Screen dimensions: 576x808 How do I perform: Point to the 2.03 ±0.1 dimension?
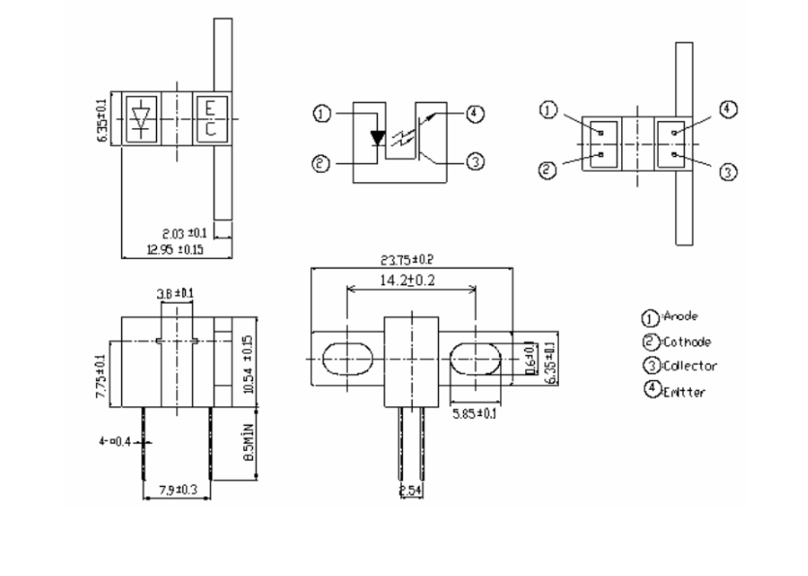(183, 233)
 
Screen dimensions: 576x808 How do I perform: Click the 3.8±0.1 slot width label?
(174, 293)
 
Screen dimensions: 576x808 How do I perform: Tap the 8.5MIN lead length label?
(249, 442)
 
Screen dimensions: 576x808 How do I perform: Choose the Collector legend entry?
(689, 366)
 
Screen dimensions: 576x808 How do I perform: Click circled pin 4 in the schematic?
(474, 113)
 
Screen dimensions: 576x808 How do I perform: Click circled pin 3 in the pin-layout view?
(730, 172)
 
